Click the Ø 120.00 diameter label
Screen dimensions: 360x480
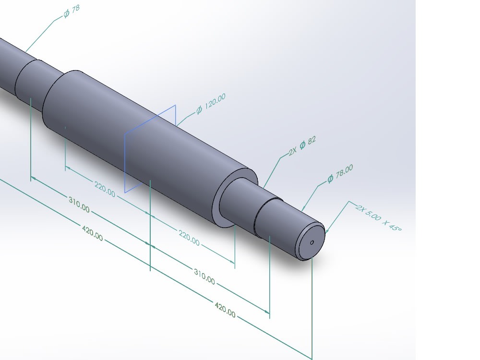pyautogui.click(x=210, y=104)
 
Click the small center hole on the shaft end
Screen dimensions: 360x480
pyautogui.click(x=312, y=242)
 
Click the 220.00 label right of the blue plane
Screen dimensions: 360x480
pyautogui.click(x=189, y=238)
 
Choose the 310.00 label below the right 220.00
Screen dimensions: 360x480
pyautogui.click(x=204, y=277)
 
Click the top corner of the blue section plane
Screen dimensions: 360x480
pyautogui.click(x=175, y=105)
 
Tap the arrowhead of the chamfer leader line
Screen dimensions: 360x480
pyautogui.click(x=326, y=232)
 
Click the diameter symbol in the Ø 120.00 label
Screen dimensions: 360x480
pyautogui.click(x=199, y=110)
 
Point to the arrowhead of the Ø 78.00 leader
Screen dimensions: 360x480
pyautogui.click(x=303, y=211)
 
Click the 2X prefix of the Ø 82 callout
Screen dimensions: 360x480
pyautogui.click(x=292, y=152)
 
